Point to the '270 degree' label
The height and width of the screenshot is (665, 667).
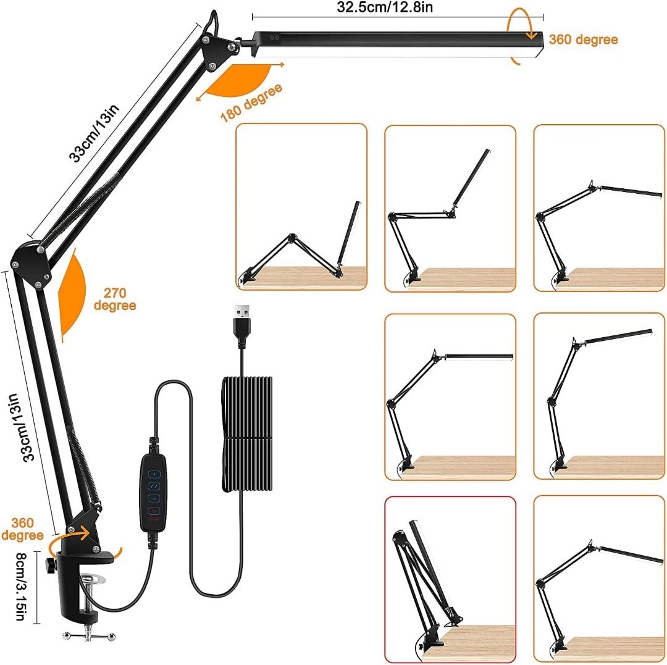(115, 299)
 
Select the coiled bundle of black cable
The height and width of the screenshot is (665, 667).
(245, 435)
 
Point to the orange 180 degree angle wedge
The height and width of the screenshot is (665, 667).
(238, 77)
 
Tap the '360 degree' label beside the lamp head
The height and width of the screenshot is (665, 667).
(582, 40)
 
